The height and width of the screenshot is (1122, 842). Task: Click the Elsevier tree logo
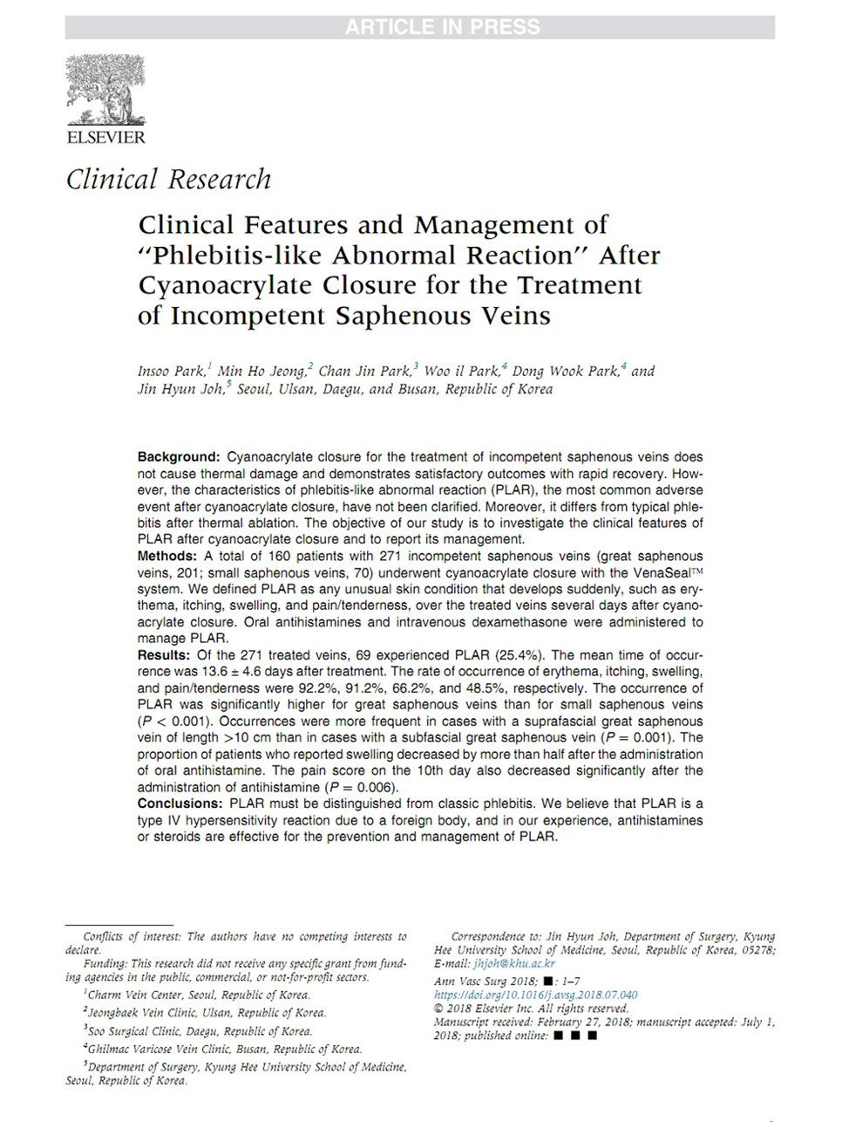point(106,90)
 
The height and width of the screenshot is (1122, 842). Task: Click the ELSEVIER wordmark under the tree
point(106,137)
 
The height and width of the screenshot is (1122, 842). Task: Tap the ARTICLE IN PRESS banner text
point(442,27)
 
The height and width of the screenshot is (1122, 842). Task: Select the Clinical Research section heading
point(168,180)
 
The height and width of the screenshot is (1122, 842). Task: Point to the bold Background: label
point(178,457)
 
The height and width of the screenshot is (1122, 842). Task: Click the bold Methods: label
point(167,557)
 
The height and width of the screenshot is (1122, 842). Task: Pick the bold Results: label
point(163,655)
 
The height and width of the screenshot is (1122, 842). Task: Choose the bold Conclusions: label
point(180,804)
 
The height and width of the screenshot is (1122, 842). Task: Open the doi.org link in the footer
point(535,995)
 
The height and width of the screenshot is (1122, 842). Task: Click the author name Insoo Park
point(168,371)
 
